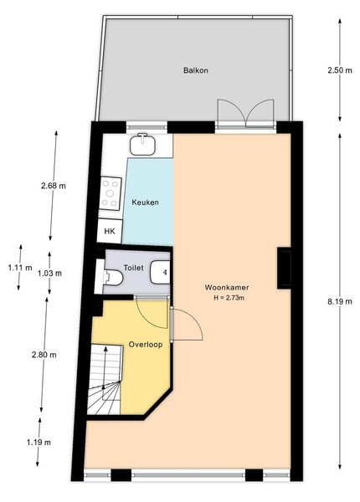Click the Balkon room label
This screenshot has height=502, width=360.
195,70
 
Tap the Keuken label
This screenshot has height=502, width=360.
145,202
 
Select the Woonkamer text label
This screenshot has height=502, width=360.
227,287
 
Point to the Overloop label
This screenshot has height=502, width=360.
146,345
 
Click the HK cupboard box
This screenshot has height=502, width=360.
110,231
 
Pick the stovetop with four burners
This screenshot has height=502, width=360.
110,193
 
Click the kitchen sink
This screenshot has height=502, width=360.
143,145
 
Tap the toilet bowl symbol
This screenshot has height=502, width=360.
112,277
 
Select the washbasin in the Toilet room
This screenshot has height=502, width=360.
160,272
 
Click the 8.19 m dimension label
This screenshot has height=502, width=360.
340,301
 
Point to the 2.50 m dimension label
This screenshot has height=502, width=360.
340,70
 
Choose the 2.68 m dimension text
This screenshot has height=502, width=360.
54,186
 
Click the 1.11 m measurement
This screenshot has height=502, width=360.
20,268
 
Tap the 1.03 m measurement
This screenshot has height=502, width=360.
49,273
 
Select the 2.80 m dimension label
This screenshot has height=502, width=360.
44,355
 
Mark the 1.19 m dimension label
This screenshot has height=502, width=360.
39,443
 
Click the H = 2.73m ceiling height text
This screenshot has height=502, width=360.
229,298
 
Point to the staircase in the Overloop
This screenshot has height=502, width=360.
105,379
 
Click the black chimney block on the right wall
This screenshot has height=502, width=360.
284,268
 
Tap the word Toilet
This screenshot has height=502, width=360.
134,268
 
